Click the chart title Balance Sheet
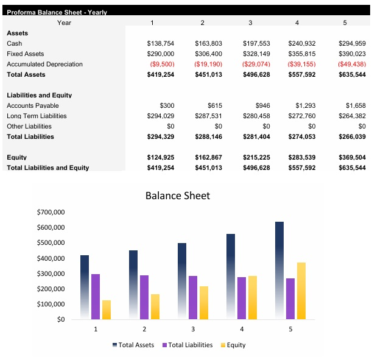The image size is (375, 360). [x=177, y=196]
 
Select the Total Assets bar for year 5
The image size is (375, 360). [x=279, y=270]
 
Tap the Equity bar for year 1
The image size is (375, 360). [x=107, y=309]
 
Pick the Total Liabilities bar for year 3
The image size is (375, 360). [x=193, y=297]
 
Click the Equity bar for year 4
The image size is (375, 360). [x=253, y=297]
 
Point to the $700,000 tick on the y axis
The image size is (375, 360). [x=51, y=213]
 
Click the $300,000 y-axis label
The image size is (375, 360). [x=51, y=274]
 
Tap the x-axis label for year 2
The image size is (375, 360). [x=144, y=329]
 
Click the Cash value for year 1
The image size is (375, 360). [x=161, y=44]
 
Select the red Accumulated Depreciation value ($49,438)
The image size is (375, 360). [x=352, y=64]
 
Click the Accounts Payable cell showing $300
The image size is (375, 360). [x=167, y=106]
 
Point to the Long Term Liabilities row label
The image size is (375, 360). [x=37, y=116]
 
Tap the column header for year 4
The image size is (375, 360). [x=296, y=23]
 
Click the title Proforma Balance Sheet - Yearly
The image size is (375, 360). [x=57, y=12]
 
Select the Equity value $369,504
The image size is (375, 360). [x=352, y=158]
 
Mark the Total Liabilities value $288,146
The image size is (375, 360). [x=208, y=137]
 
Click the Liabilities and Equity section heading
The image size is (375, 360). [x=39, y=96]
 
